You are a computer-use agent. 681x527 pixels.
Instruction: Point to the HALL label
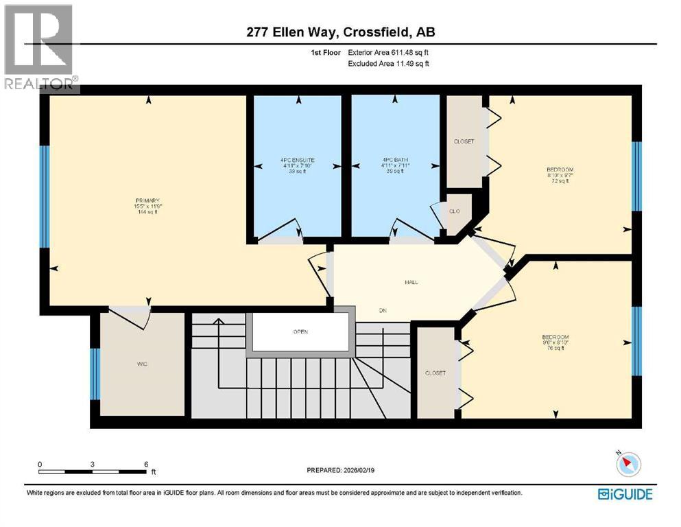[x=411, y=282]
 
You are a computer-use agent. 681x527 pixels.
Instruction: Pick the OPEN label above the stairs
[x=300, y=332]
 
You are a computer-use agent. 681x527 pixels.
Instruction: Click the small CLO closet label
[x=454, y=211]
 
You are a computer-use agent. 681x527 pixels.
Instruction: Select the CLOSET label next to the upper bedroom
[x=464, y=141]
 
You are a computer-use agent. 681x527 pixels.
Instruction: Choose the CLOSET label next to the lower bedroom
[x=435, y=373]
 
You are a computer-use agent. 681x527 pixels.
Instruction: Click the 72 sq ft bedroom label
[x=560, y=175]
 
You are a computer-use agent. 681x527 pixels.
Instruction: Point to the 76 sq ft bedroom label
[x=555, y=342]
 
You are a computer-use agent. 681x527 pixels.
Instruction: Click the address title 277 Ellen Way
[x=340, y=32]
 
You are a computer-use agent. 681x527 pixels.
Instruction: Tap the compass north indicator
[x=625, y=465]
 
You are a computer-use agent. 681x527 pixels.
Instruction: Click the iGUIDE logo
[x=625, y=493]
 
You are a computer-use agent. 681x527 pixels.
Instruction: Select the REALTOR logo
[x=40, y=47]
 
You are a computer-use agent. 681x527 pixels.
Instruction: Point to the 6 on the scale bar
[x=146, y=465]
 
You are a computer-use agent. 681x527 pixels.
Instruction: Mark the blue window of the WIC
[x=95, y=374]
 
